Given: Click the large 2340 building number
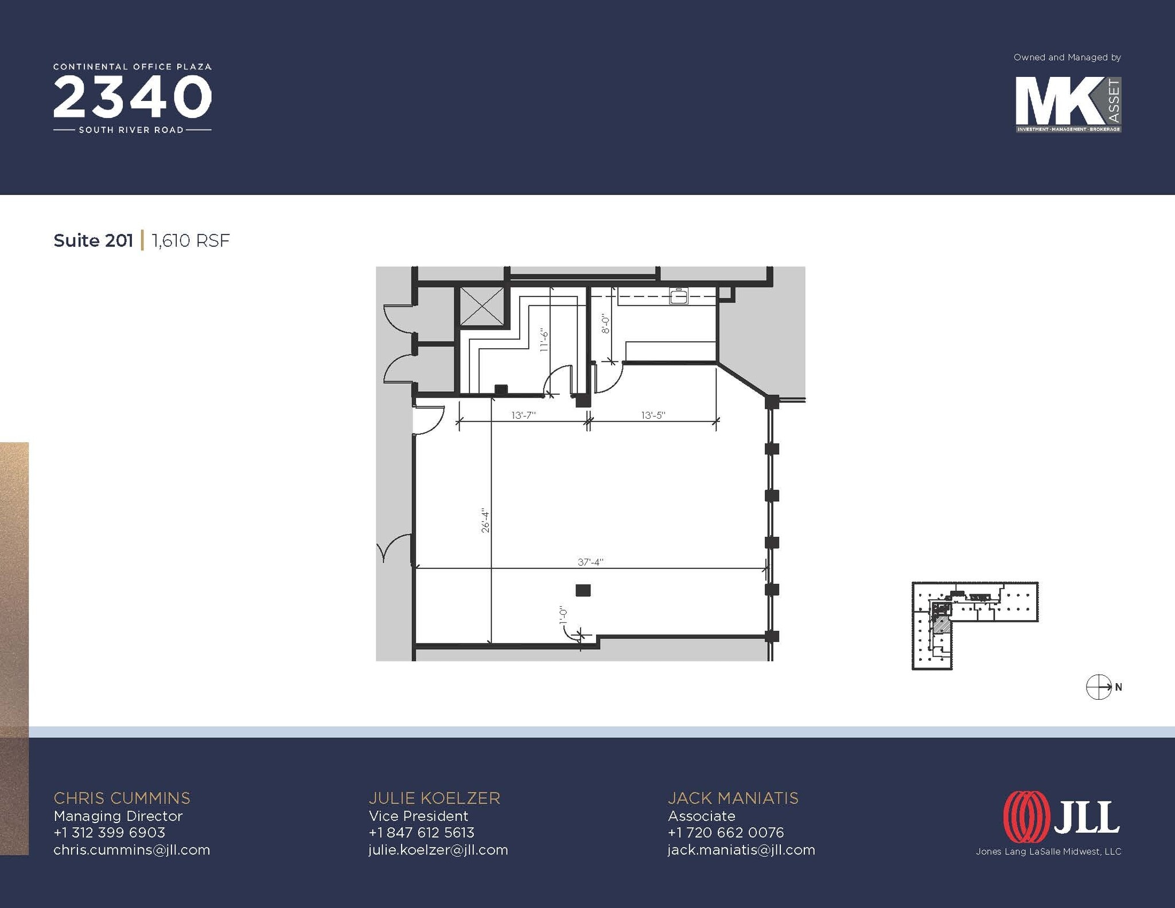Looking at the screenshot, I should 133,98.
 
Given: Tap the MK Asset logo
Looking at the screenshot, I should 1068,105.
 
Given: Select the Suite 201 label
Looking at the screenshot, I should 93,240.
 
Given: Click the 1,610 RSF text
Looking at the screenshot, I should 190,240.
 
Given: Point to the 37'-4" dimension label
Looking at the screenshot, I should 590,562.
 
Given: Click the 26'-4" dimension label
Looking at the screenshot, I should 485,520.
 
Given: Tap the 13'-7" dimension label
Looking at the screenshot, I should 523,415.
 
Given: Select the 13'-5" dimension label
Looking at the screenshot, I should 653,415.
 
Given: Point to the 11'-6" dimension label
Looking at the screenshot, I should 544,340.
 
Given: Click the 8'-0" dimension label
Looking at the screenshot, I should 605,323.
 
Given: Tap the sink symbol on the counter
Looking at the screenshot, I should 679,297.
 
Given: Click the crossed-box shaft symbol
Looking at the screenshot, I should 482,306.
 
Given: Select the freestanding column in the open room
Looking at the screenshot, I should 583,590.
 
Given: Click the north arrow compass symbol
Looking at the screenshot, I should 1099,687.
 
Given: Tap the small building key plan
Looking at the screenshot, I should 975,625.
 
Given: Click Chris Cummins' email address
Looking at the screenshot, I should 132,849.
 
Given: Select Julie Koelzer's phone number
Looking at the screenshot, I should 422,832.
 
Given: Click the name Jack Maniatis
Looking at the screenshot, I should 733,798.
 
